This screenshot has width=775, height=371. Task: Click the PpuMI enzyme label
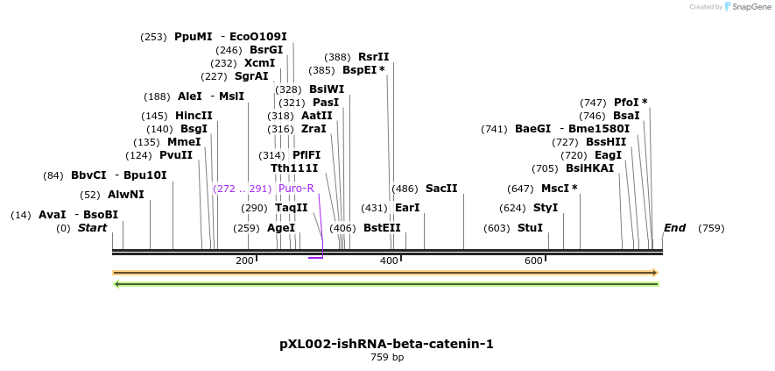(x=193, y=37)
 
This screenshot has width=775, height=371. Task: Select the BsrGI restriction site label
(x=266, y=50)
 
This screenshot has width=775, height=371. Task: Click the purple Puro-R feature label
(x=296, y=189)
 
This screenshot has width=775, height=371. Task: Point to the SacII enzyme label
(x=441, y=189)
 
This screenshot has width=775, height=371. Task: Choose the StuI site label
(x=530, y=228)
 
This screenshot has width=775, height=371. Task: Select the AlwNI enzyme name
(x=125, y=195)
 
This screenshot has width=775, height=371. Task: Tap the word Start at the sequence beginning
(x=92, y=228)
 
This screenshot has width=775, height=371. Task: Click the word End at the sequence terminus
(x=674, y=228)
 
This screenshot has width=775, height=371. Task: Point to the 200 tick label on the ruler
(x=244, y=261)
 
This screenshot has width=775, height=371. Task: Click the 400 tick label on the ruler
(x=389, y=261)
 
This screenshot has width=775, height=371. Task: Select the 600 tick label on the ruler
(x=533, y=261)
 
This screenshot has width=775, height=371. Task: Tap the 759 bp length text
(x=386, y=358)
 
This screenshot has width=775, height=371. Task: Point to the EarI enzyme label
(x=407, y=208)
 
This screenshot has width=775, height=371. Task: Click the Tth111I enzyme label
(x=294, y=168)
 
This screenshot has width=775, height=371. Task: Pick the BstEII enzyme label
(x=382, y=228)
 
